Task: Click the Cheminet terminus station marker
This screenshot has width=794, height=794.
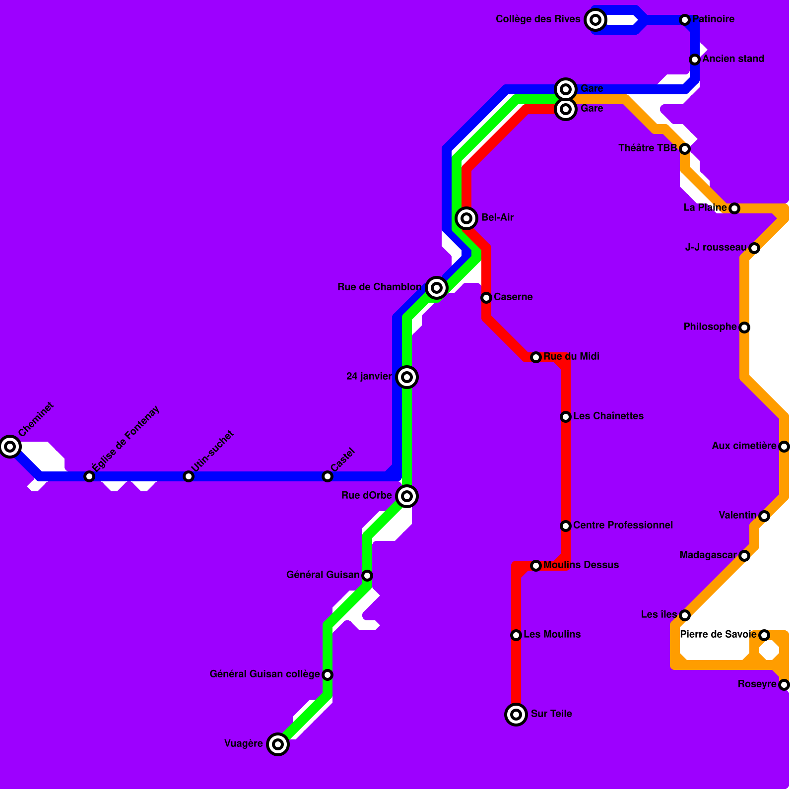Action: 10,447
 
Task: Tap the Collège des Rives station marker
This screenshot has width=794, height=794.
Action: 595,20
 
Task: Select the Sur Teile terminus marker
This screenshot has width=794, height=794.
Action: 516,715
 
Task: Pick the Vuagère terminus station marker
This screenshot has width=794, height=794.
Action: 278,744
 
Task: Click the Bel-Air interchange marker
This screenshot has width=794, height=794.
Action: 466,218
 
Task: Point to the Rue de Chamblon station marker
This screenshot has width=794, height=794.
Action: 437,287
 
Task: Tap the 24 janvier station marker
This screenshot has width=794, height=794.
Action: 407,377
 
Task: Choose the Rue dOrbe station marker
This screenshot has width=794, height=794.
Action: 407,496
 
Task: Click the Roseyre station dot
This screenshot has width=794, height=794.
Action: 784,685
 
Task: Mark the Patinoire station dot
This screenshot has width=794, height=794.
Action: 685,20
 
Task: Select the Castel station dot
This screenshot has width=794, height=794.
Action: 328,476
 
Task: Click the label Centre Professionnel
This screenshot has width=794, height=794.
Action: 623,525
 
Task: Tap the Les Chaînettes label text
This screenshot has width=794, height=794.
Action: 608,416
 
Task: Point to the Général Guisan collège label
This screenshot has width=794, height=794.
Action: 265,674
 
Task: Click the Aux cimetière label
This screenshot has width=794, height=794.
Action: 744,446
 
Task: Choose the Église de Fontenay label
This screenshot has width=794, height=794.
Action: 126,438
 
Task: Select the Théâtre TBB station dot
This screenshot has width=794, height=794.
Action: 685,149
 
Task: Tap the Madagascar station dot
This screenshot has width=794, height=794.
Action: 744,556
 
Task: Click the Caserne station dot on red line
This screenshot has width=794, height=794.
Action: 486,298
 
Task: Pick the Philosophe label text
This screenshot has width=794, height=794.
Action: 710,327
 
